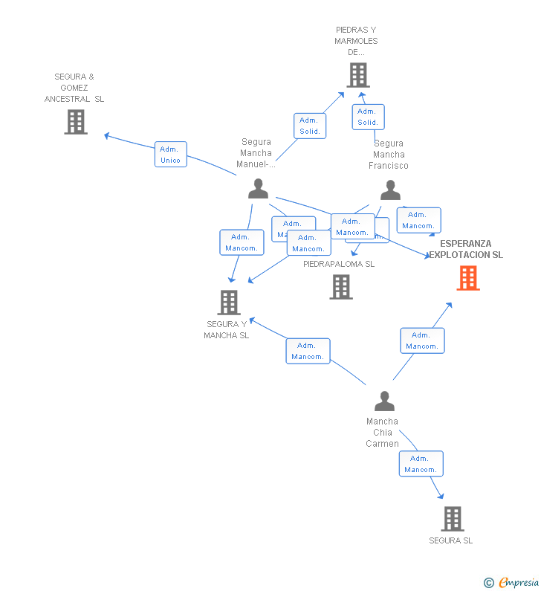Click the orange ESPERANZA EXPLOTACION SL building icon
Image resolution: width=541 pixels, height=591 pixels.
(467, 278)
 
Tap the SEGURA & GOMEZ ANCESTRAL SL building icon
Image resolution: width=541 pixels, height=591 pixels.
(76, 122)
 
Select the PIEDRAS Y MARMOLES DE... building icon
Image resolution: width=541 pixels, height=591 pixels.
(358, 75)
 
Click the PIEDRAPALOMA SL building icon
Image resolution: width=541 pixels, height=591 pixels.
(341, 287)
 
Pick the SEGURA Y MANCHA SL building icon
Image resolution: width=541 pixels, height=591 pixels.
(228, 303)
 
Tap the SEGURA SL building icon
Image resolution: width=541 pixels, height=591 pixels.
(452, 519)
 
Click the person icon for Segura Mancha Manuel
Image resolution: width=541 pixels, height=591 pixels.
(258, 189)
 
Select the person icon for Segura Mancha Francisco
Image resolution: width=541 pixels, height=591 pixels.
(390, 190)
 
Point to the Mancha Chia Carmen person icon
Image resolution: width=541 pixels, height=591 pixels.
(384, 401)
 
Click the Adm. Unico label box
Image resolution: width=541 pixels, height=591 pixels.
(170, 155)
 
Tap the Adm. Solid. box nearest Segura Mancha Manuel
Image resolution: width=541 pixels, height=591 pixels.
(309, 126)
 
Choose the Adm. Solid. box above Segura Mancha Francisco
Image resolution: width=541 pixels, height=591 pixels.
(368, 117)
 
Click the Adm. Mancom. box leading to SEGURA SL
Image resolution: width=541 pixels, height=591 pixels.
(421, 464)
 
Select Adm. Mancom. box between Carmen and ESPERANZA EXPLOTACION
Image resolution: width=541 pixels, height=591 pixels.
(422, 340)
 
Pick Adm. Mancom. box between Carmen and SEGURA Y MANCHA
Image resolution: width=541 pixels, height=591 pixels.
(308, 351)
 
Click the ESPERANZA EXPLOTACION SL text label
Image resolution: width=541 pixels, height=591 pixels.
(465, 249)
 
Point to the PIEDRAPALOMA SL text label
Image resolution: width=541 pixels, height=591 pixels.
(339, 264)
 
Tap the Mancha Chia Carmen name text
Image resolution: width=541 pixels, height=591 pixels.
(382, 433)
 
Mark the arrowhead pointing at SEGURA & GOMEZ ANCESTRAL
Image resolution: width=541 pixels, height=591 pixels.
(107, 135)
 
